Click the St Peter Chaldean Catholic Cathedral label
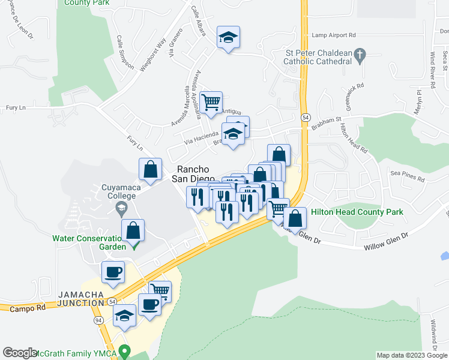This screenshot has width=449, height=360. click(318, 57)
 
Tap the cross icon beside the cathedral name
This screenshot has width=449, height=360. click(360, 57)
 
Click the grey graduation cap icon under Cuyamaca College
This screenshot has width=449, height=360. click(121, 208)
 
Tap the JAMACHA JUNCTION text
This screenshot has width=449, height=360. click(81, 302)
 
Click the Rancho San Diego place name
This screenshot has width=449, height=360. click(193, 173)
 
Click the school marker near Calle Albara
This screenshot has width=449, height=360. click(228, 37)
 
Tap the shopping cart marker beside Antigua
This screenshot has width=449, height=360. click(211, 103)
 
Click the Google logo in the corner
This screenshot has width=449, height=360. click(20, 353)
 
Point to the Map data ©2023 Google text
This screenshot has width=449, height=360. click(411, 355)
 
